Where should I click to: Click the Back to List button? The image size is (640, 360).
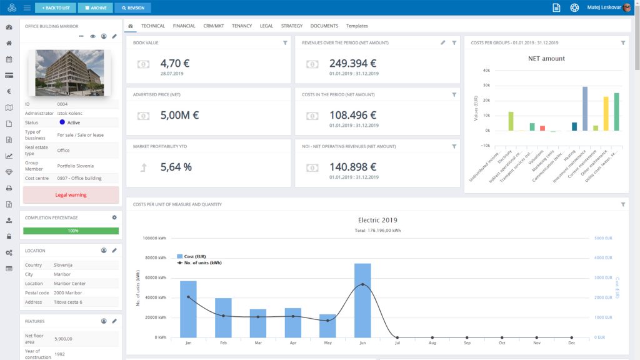[56, 8]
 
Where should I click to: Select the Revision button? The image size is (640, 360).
[132, 8]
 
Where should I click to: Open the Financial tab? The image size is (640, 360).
[184, 26]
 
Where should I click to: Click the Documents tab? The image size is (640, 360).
[324, 26]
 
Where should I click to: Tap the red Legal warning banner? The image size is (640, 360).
[71, 195]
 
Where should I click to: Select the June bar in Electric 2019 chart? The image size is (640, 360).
[362, 300]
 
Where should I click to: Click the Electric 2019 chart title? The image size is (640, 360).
[377, 220]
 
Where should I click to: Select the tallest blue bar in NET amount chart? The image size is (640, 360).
[585, 109]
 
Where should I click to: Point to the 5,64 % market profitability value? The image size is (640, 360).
[176, 167]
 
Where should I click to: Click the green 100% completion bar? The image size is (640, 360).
[71, 231]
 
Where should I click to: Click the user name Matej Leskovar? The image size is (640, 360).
[604, 8]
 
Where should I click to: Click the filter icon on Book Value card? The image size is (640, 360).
[285, 43]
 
